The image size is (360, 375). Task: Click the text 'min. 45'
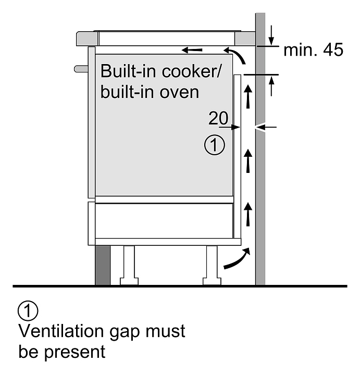point(313,50)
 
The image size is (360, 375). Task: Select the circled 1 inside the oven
point(215,145)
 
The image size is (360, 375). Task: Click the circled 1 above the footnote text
point(28,311)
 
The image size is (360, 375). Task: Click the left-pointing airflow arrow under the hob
point(193,51)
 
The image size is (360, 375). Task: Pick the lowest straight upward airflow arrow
point(249,214)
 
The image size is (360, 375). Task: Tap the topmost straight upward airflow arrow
point(249,98)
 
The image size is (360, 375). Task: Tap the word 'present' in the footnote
point(75,352)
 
